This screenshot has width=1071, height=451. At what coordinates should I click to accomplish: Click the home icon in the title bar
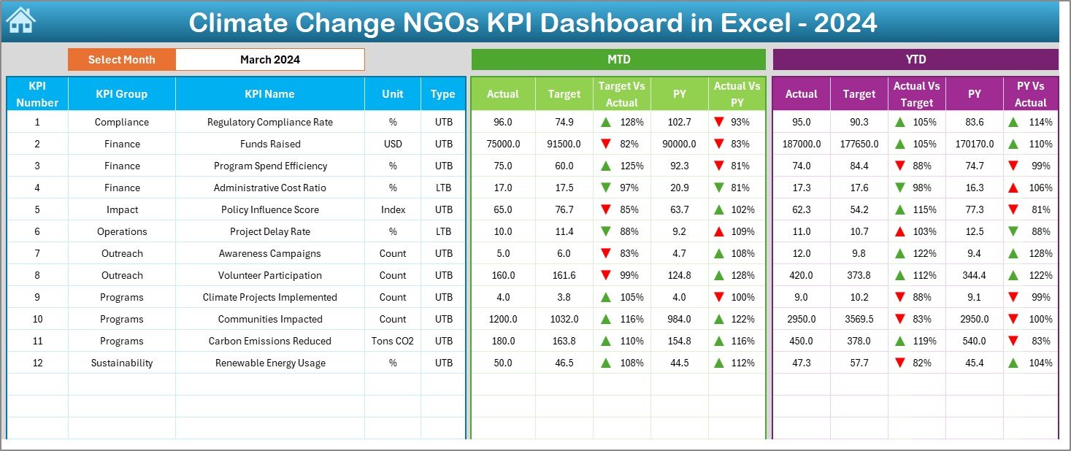click(x=20, y=21)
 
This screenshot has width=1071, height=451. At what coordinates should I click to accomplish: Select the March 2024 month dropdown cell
click(x=269, y=60)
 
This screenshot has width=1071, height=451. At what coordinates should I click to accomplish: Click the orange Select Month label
click(x=121, y=60)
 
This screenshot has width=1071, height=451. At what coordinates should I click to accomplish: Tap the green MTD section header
click(x=618, y=60)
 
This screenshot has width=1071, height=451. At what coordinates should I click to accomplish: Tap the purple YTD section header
click(x=915, y=60)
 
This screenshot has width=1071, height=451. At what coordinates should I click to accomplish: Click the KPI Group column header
click(x=121, y=94)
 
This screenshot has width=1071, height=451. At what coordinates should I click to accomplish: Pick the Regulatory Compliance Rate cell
click(x=269, y=122)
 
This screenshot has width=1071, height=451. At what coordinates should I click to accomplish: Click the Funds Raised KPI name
click(x=269, y=144)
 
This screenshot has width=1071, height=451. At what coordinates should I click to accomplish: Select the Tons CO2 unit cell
click(x=393, y=341)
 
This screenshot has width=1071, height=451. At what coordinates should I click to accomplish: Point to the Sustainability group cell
click(x=121, y=363)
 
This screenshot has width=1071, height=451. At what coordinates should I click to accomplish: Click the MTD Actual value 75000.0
click(x=503, y=144)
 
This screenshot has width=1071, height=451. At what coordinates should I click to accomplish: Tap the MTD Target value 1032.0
click(x=564, y=319)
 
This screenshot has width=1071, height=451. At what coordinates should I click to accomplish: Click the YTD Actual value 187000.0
click(x=801, y=144)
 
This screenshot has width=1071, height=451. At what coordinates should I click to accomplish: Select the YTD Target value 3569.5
click(x=859, y=319)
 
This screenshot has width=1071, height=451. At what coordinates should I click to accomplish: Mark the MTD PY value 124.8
click(x=679, y=275)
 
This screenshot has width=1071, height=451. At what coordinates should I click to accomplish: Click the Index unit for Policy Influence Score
click(x=393, y=209)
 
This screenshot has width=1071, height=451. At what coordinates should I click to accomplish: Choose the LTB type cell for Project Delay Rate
click(x=443, y=231)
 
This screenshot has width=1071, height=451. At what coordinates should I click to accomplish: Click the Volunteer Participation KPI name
click(x=269, y=275)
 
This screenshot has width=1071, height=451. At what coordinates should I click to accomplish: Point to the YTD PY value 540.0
click(x=974, y=341)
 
